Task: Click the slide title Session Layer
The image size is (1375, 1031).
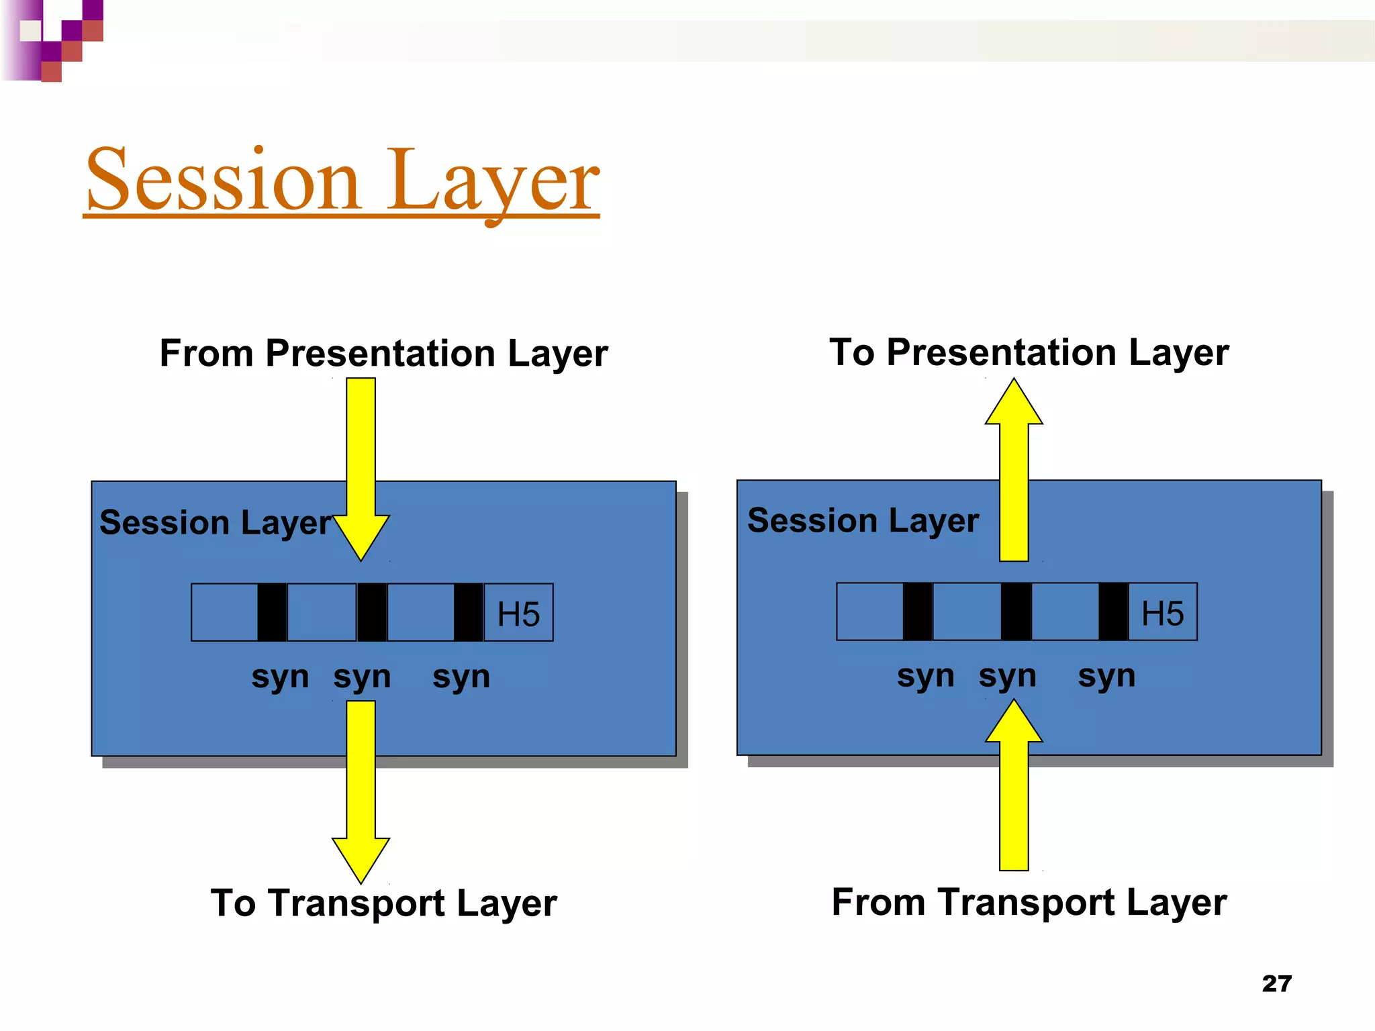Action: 342,180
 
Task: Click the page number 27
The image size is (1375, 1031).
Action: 1276,983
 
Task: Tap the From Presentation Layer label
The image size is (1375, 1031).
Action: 383,353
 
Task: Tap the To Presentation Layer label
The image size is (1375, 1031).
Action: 1029,352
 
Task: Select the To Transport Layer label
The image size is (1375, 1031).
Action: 383,903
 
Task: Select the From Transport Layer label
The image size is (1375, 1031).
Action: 1029,901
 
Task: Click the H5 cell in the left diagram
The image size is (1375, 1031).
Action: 518,613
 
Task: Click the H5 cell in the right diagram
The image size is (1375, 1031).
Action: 1162,612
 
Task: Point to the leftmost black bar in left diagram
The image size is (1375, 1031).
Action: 272,612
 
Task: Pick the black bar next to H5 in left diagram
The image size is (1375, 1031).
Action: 468,612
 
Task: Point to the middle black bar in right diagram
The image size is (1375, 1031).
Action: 1015,611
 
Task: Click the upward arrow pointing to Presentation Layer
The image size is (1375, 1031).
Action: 1014,470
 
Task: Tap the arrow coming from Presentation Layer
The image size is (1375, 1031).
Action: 361,470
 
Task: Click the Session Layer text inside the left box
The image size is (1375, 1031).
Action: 216,523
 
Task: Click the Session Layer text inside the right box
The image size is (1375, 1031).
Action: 863,521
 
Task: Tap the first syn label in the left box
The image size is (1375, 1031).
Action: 280,677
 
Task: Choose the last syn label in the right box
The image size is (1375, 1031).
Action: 1106,675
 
